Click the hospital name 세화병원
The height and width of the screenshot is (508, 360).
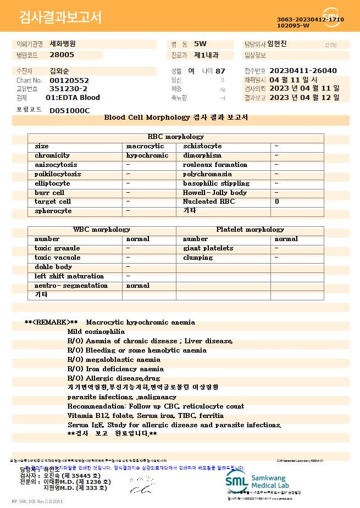coord(63,43)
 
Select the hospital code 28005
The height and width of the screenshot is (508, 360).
coord(62,55)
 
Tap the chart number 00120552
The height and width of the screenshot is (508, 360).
coord(69,80)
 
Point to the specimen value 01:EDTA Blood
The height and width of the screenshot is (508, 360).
coord(73,98)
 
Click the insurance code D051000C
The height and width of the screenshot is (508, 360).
coord(69,110)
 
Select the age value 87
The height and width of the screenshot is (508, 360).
coord(220,71)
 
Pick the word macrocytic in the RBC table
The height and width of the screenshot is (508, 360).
coord(145,146)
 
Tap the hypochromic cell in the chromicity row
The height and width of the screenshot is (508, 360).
coord(147,155)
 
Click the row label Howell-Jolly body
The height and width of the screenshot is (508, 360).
coord(214,193)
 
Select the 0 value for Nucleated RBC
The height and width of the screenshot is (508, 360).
coord(276,202)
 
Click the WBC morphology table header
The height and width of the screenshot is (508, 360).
coord(102,230)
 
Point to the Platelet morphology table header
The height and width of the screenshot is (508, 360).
coord(250,230)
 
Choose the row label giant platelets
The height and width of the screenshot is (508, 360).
coord(208,248)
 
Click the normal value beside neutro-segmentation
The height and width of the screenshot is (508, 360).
coord(137,286)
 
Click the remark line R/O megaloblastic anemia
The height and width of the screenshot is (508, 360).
coord(114,360)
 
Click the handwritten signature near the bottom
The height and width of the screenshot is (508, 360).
coord(140,484)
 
